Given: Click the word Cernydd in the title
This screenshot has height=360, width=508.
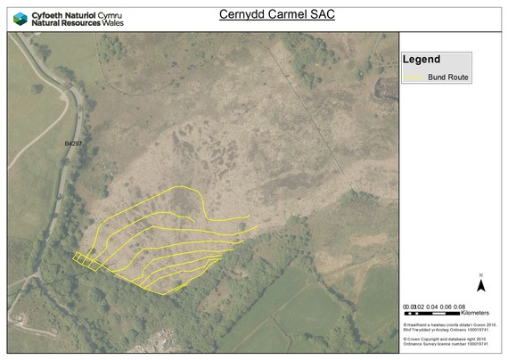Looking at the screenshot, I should tap(244, 14).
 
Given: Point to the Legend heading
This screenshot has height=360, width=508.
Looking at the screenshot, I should tap(422, 60).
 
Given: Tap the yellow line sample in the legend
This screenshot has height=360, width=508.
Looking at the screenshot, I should tap(416, 78).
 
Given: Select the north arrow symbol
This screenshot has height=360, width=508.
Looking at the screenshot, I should tap(480, 285).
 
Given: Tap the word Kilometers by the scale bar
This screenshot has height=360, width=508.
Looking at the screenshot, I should tap(475, 314).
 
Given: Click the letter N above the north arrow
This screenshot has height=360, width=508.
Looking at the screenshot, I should tap(480, 275).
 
